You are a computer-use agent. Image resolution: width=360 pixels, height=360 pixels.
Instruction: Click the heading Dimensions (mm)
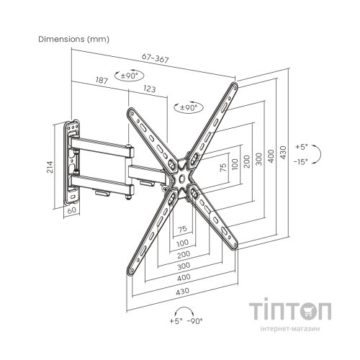click(x=73, y=39)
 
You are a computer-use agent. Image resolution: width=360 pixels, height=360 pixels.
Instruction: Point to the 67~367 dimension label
click(x=156, y=58)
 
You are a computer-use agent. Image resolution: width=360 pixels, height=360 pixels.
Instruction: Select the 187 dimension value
click(x=102, y=80)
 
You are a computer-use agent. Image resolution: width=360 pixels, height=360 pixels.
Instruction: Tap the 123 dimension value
click(x=150, y=89)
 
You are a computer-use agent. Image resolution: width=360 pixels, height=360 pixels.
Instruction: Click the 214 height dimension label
click(x=50, y=167)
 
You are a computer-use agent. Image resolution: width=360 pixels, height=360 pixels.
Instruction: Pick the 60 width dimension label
click(x=72, y=210)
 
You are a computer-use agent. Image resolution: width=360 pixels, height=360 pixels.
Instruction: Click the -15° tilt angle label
click(x=300, y=162)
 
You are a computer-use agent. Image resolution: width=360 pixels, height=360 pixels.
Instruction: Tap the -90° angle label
click(x=194, y=321)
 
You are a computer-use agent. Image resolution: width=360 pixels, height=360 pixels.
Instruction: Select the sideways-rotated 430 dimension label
click(x=283, y=152)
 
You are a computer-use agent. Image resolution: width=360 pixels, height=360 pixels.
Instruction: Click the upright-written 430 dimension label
click(x=183, y=292)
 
